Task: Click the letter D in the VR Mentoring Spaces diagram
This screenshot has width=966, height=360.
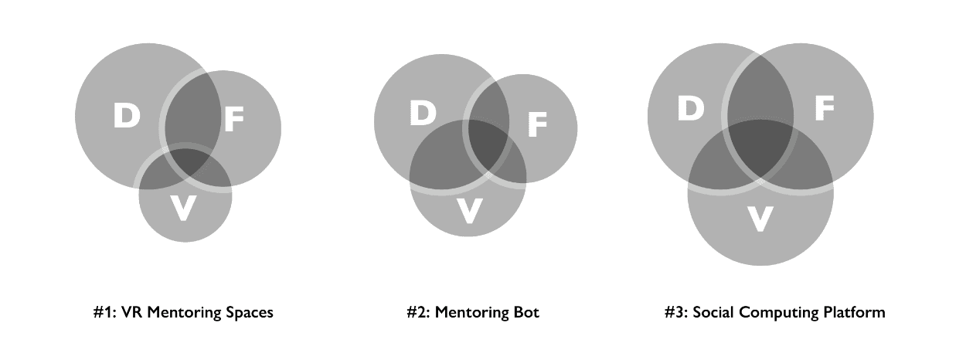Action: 127,116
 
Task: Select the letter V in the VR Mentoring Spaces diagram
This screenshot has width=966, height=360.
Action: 182,209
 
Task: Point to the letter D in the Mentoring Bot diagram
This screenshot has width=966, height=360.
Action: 423,114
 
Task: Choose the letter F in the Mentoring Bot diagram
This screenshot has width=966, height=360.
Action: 537,124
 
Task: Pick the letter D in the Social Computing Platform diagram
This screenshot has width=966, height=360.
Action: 691,108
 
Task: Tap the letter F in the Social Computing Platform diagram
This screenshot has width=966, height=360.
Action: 824,109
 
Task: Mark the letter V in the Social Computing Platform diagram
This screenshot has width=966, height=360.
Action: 760,219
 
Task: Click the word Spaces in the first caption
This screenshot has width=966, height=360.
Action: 249,313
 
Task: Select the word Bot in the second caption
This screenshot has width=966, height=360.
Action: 526,313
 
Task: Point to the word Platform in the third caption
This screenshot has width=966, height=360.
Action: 855,313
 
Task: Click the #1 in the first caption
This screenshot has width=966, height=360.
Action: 101,313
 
